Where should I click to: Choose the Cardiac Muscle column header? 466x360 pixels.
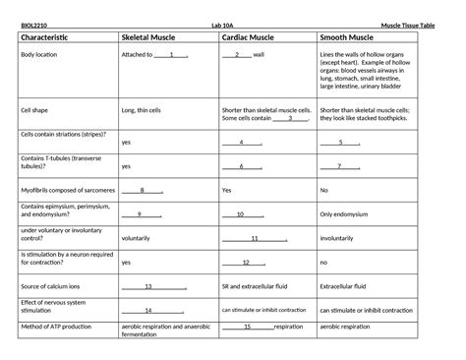pyautogui.click(x=257, y=37)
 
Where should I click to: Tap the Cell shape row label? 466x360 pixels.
pyautogui.click(x=36, y=111)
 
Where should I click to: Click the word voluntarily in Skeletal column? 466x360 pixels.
pyautogui.click(x=142, y=238)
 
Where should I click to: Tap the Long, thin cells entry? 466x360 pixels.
pyautogui.click(x=146, y=111)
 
